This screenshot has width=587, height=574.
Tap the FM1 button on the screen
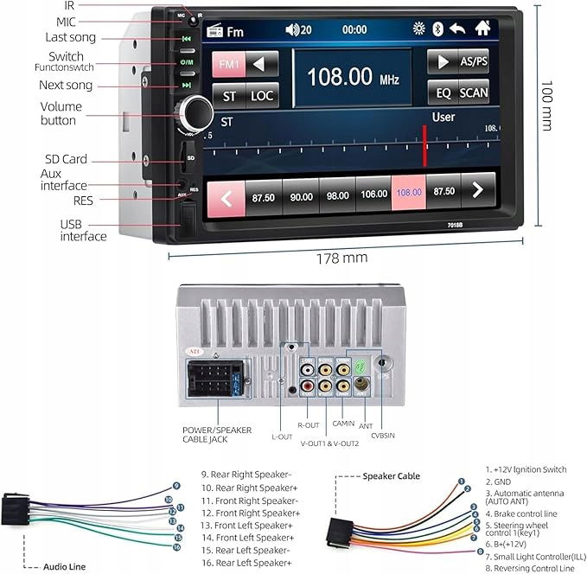(x=231, y=65)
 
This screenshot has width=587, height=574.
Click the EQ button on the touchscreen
(x=443, y=92)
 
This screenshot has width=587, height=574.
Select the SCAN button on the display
(x=473, y=92)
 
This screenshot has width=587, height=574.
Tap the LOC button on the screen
(x=263, y=96)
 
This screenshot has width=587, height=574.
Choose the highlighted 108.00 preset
(x=409, y=195)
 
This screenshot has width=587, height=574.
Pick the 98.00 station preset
(x=337, y=196)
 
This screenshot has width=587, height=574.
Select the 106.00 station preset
(x=373, y=196)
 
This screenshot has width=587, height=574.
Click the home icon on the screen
(x=482, y=28)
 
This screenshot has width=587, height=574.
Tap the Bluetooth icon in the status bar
(x=437, y=29)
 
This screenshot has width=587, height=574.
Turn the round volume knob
(x=195, y=112)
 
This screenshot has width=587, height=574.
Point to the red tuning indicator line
(x=424, y=145)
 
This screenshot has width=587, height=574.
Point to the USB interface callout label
(x=83, y=230)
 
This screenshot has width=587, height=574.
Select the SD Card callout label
(x=66, y=159)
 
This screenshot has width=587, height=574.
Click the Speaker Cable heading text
(x=391, y=476)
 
